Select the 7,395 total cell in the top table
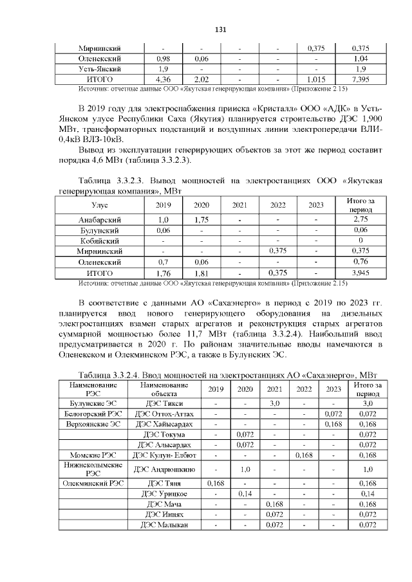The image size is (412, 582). (x=360, y=79)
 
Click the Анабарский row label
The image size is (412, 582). (x=100, y=220)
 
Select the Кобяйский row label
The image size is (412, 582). (x=100, y=241)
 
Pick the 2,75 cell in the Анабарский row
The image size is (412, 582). (x=360, y=220)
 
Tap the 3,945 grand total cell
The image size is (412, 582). (x=360, y=272)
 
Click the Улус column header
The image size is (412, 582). (x=100, y=205)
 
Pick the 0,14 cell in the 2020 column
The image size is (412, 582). (x=245, y=493)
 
